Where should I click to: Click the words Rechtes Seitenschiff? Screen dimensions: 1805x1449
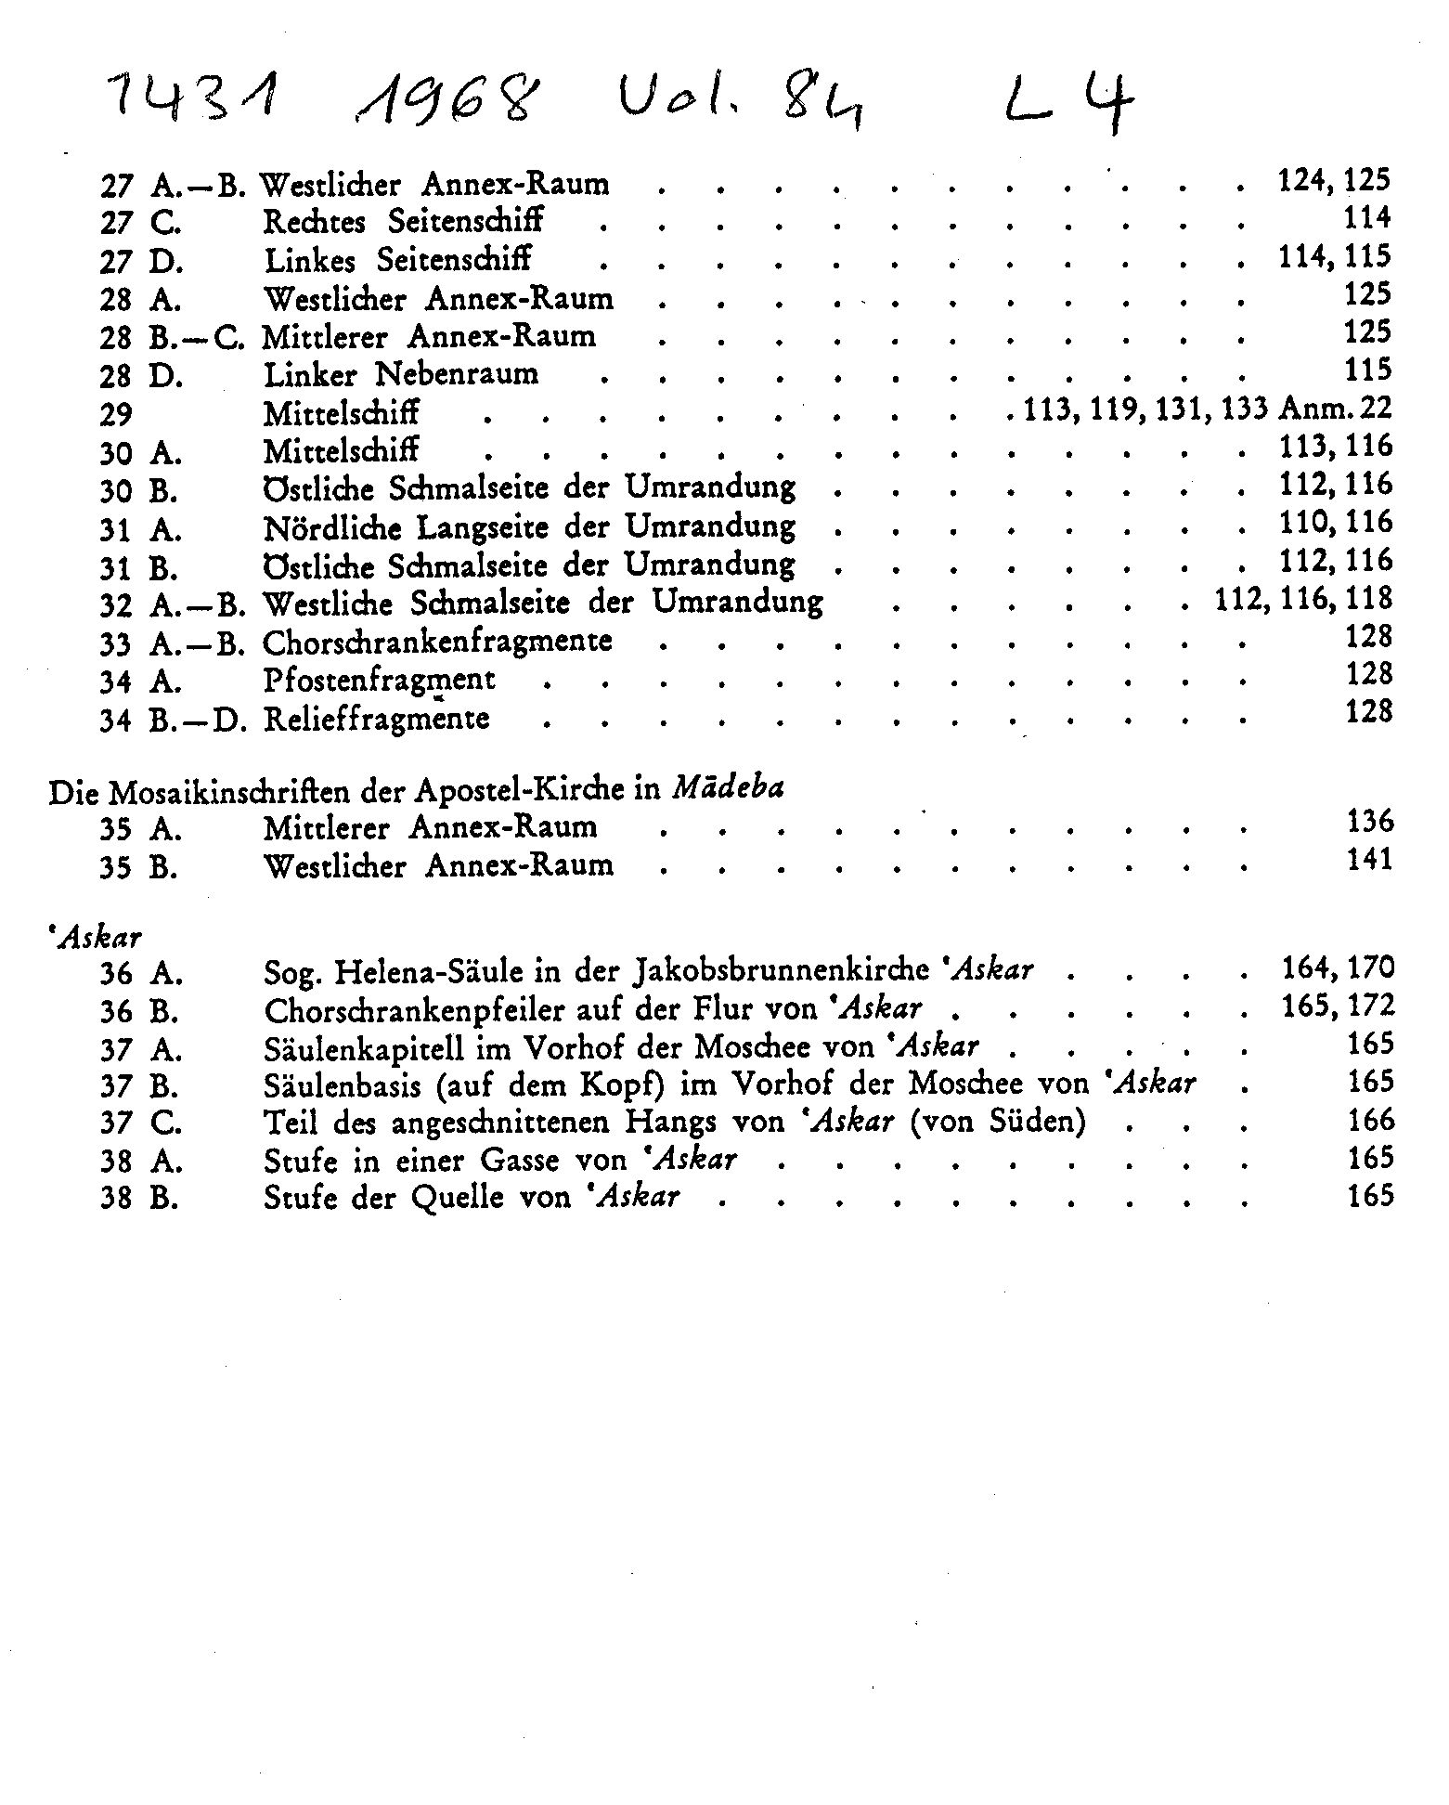tap(403, 222)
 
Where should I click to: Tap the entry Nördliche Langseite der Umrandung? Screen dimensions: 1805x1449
tap(529, 527)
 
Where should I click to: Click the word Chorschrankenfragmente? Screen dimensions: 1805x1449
tap(437, 642)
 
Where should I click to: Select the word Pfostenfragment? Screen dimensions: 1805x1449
tap(379, 681)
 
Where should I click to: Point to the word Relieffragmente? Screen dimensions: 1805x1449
tap(376, 720)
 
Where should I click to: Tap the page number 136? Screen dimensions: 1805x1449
tap(1369, 822)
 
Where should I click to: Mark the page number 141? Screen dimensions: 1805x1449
tap(1369, 860)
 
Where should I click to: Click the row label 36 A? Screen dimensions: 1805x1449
tap(141, 974)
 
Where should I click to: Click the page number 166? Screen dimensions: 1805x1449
tap(1370, 1121)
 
